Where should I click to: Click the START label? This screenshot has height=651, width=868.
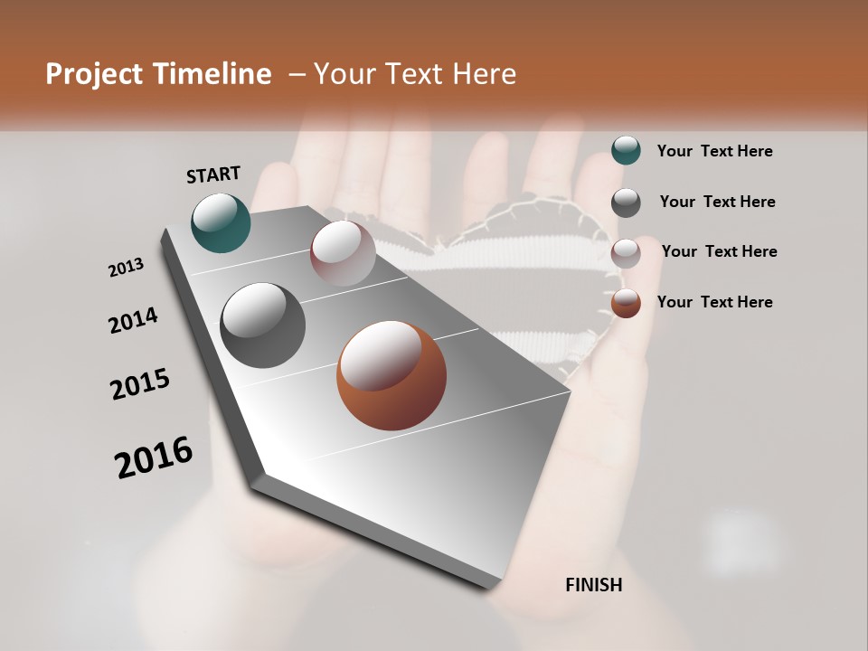coord(213,175)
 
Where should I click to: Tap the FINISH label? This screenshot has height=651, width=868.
coord(593,585)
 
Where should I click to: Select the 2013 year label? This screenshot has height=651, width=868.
coord(126,269)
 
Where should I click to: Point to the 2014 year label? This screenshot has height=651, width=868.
coord(133,321)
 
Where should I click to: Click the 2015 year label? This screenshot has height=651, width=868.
coord(140,384)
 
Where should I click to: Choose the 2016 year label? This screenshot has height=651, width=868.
coord(154,458)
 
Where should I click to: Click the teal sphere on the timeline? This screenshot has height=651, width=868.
coord(221,222)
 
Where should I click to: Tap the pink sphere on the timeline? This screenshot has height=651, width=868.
coord(343,252)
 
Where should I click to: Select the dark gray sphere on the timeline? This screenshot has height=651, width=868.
coord(263,325)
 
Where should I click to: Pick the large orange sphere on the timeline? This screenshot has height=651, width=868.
coord(392,375)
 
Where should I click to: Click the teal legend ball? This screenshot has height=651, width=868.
coord(626,150)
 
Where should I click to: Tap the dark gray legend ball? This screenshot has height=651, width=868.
coord(626,202)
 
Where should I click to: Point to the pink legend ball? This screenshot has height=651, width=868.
coord(626,252)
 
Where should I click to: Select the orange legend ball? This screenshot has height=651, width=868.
coord(626,303)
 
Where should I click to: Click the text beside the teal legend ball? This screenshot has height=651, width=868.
coord(714,151)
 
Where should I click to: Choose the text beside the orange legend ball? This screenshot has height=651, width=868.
coord(714,302)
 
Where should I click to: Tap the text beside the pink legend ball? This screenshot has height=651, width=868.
coord(719,251)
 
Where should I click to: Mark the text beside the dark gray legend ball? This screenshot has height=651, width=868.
coord(717,202)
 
